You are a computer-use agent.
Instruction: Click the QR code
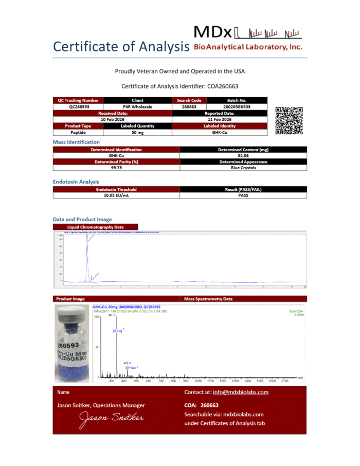pos(289,120)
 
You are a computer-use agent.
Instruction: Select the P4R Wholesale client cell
pos(138,106)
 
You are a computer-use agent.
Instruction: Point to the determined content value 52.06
pos(243,156)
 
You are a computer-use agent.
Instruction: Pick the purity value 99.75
pos(116,168)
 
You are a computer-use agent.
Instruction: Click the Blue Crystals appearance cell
pos(243,168)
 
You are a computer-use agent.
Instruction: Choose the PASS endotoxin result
pos(243,195)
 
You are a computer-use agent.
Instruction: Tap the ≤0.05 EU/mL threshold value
pos(116,195)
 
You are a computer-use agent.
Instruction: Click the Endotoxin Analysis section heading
pos(76,182)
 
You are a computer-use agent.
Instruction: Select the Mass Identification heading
pos(76,142)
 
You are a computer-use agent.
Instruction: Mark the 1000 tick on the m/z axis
pos(198,381)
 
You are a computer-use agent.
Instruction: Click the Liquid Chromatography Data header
pos(96,227)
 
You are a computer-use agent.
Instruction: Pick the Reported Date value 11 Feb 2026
pos(219,119)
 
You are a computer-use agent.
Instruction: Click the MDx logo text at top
pos(213,32)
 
